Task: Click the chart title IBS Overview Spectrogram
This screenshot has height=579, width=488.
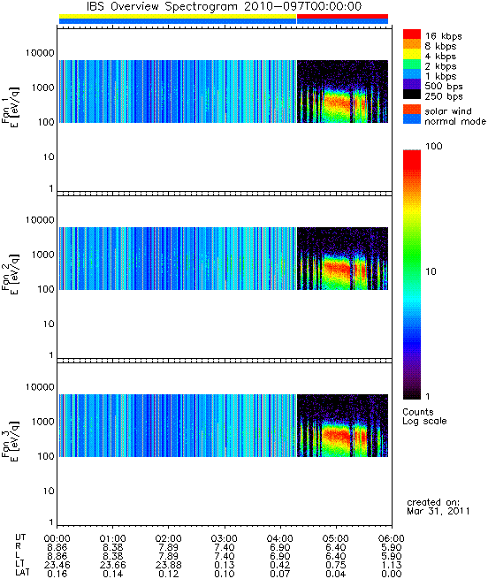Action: pos(162,6)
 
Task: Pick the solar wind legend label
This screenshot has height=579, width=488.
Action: pos(448,111)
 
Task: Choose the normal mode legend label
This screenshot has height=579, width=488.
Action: pos(455,121)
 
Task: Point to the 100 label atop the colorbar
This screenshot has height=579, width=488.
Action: pos(434,146)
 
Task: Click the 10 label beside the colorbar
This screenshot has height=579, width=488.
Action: pos(431,271)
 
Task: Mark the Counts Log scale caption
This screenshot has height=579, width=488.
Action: pos(424,416)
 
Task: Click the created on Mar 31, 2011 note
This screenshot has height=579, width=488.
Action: pos(438,507)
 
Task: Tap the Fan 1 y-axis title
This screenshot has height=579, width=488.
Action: pos(11,107)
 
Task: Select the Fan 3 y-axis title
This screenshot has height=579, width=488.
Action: pos(11,441)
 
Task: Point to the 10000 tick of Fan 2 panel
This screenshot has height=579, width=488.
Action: pos(40,220)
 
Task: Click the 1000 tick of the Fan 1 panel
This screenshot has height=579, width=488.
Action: pos(42,88)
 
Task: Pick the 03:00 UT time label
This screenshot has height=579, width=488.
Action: pos(225,538)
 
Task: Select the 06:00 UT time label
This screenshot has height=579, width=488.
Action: pos(392,538)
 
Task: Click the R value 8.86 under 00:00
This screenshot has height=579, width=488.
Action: pos(57,547)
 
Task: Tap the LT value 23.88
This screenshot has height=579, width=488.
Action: pos(169,565)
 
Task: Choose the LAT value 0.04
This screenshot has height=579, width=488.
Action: pos(336,574)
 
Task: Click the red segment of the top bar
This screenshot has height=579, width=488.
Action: pos(342,16)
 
